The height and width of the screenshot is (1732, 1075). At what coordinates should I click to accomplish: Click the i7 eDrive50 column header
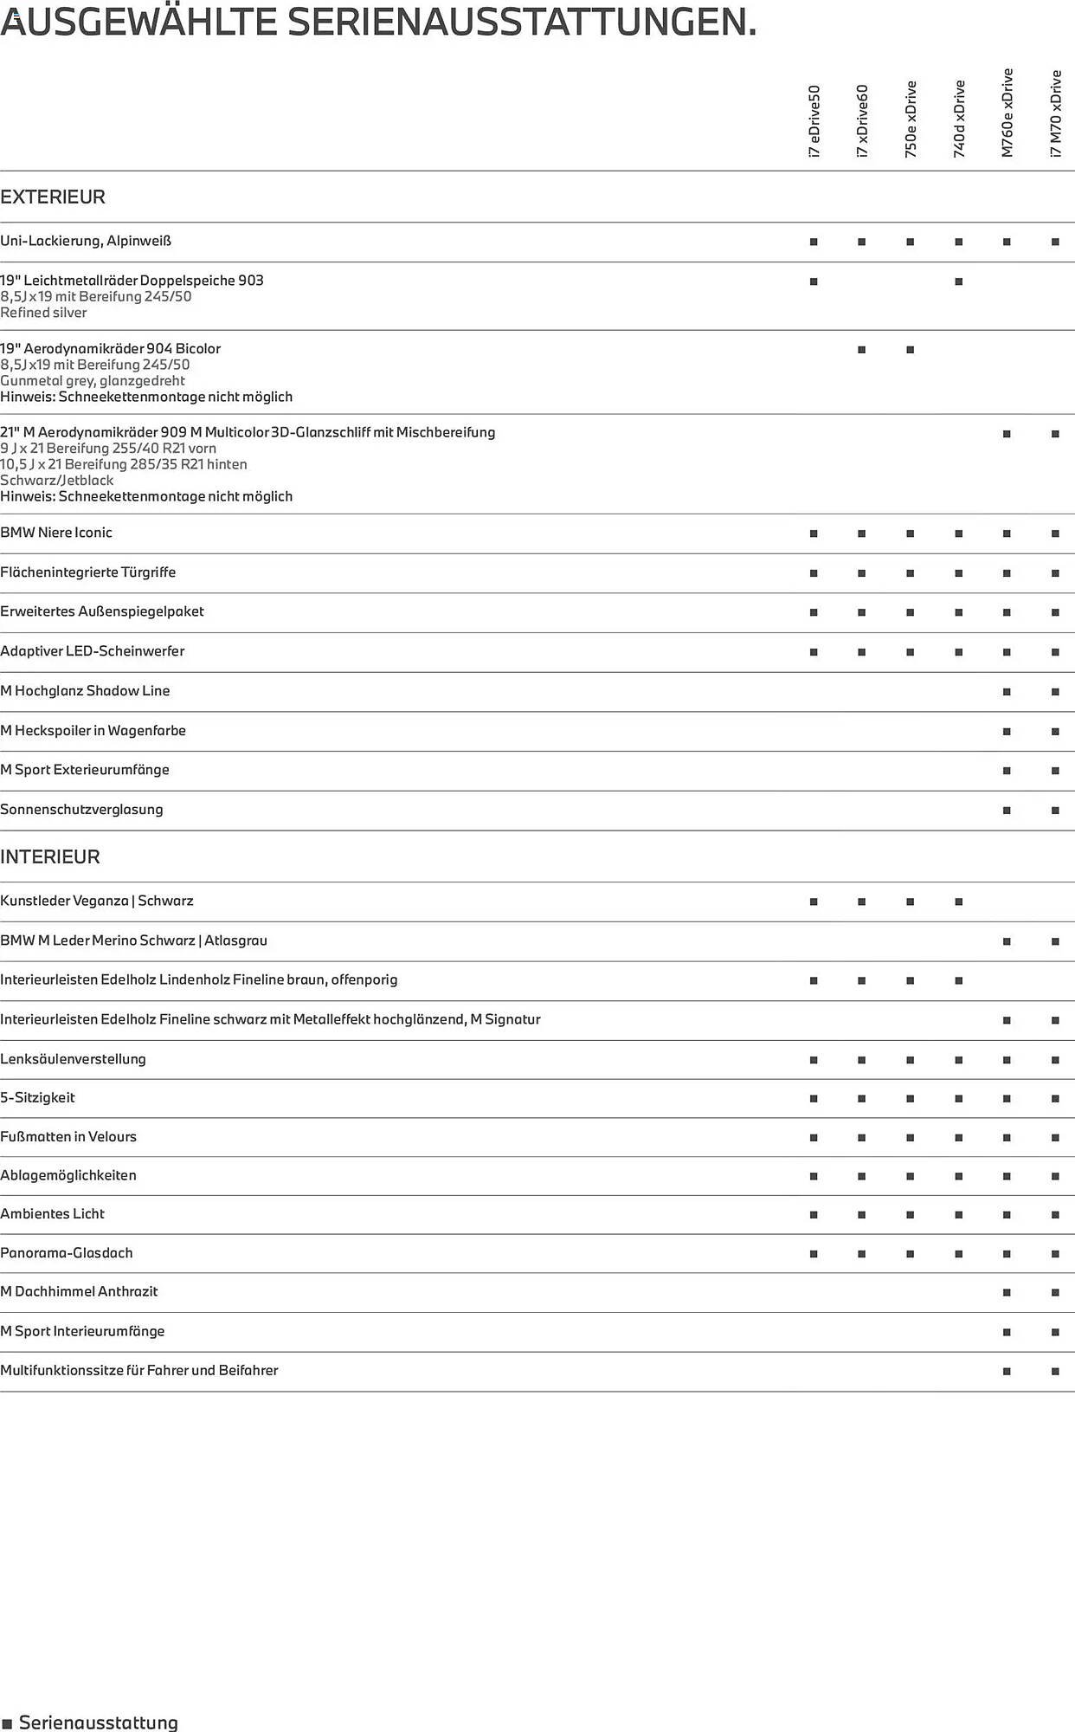[814, 121]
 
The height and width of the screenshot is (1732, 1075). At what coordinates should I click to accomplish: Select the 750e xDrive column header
[911, 119]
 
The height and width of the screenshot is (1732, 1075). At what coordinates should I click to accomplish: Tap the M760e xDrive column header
[1007, 113]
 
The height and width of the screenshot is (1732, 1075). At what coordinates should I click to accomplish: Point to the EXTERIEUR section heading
[53, 197]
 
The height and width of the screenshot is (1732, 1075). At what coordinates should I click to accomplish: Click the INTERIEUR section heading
[50, 857]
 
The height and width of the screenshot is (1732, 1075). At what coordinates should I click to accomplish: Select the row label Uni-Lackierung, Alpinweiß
[86, 241]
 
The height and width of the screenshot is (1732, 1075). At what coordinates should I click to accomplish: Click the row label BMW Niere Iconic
[56, 533]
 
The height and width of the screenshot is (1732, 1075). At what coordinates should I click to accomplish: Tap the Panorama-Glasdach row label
[67, 1253]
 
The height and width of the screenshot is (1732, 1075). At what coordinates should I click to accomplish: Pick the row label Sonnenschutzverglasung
[81, 810]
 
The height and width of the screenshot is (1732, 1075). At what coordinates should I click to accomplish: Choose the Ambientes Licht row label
[52, 1214]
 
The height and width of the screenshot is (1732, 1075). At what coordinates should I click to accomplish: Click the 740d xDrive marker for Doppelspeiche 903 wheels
[958, 281]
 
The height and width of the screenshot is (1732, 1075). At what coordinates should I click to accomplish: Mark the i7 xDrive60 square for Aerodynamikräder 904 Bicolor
[861, 350]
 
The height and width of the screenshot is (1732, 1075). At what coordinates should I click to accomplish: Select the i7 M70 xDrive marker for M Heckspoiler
[1055, 732]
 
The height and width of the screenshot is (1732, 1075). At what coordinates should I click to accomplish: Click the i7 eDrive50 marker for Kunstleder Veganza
[814, 902]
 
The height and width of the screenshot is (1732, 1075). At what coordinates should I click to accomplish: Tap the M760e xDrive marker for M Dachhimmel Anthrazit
[1007, 1293]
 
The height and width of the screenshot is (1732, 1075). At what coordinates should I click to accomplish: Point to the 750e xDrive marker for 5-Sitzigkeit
[910, 1099]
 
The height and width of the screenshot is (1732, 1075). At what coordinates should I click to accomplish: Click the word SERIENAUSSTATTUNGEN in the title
[522, 22]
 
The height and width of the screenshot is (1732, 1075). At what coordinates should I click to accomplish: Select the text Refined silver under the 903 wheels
[43, 313]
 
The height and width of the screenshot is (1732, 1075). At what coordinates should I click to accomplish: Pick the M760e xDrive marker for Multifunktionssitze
[1007, 1372]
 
